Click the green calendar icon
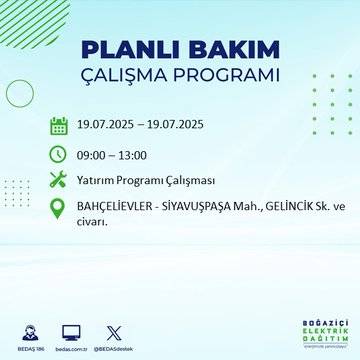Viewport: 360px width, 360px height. point(58,126)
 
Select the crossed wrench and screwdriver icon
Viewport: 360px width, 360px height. point(58,181)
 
